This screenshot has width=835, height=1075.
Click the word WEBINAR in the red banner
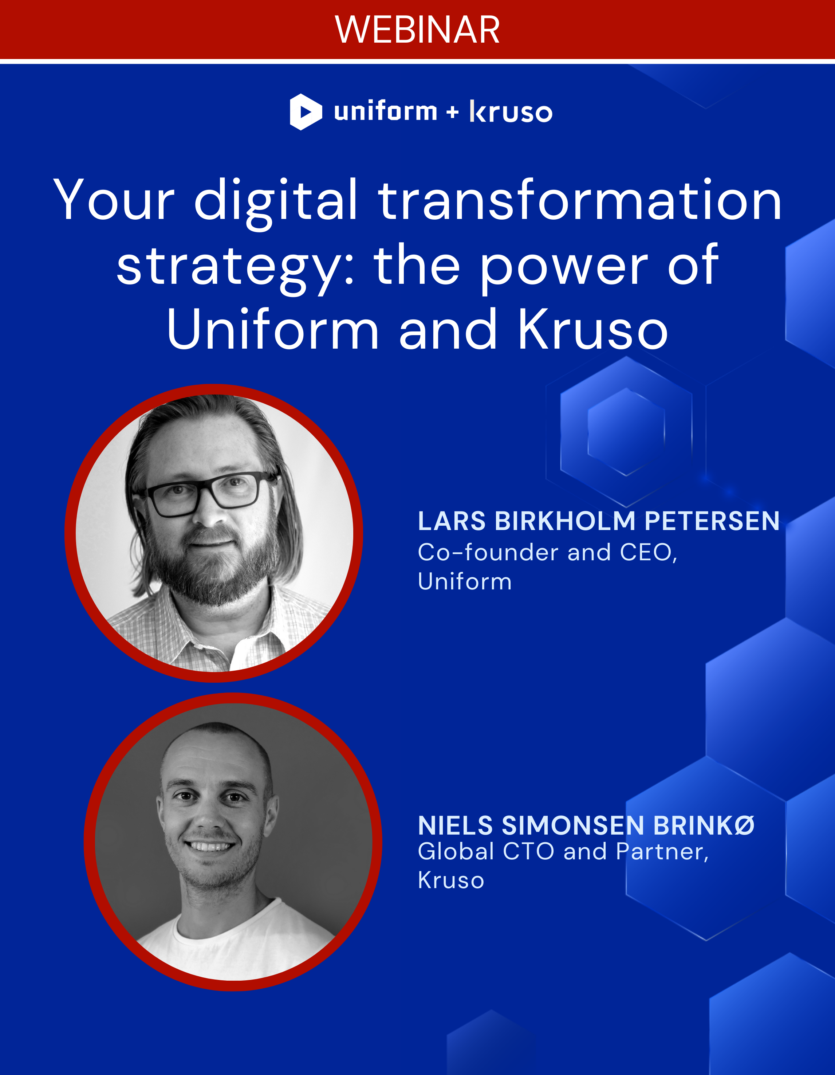point(417,30)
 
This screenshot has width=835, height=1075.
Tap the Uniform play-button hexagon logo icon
point(306,112)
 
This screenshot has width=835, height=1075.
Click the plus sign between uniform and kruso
point(453,113)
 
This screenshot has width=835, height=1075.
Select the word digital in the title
point(276,200)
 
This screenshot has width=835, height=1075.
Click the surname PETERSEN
point(712,521)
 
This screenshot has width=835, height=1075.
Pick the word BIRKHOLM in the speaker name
point(565,521)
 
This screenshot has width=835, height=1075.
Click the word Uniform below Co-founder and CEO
point(465,581)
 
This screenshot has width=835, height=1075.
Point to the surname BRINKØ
point(704,826)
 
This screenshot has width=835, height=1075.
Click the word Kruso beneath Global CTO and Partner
point(451,880)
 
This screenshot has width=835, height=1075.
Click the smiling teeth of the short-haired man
point(209,847)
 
